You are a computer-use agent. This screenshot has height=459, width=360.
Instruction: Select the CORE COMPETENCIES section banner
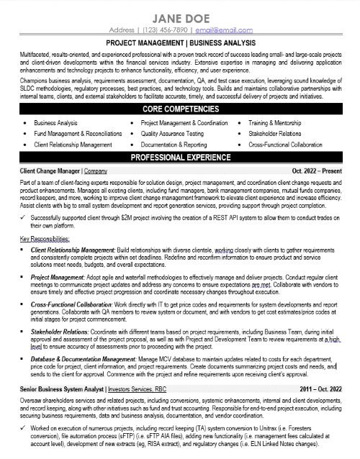tap(180, 109)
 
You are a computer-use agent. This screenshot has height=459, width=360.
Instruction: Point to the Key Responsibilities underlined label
tap(47, 237)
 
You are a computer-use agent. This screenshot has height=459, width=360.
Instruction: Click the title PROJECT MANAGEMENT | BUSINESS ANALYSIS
tap(180, 43)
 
